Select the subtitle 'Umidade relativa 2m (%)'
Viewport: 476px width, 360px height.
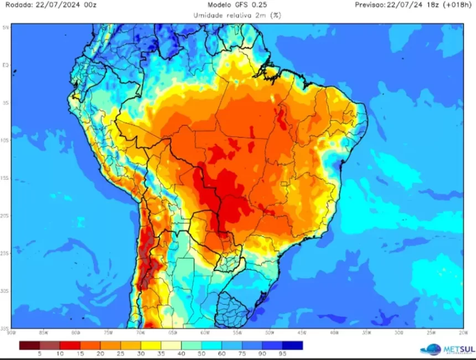coord(237,15)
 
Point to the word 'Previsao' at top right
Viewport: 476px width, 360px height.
coord(371,6)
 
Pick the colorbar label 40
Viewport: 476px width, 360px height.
coord(182,353)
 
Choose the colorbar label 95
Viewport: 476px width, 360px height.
coord(283,353)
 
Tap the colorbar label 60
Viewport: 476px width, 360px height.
coord(222,353)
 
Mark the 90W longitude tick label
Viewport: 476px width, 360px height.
coord(11,332)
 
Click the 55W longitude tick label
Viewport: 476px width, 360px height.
coord(237,332)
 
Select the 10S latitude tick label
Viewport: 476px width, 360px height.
coord(6,140)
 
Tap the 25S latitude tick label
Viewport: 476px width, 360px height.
coord(6,253)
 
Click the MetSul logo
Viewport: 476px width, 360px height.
coord(446,349)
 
